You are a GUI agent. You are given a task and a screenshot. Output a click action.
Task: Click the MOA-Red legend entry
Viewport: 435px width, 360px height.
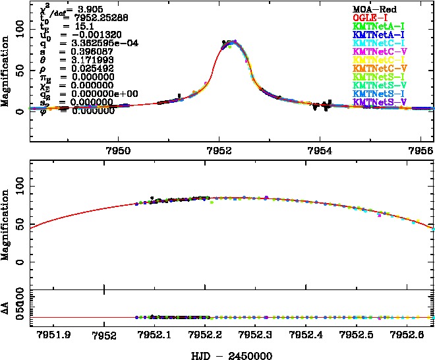coord(374,9)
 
